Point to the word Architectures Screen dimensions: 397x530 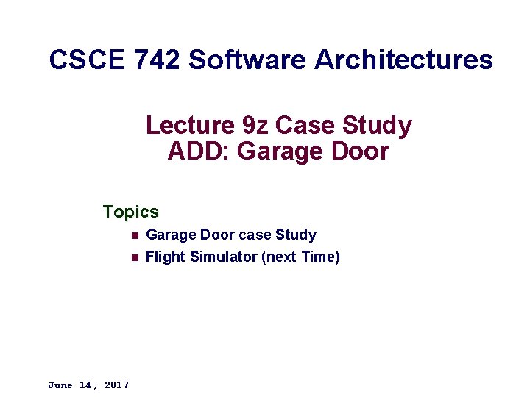point(403,60)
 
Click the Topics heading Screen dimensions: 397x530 point(131,212)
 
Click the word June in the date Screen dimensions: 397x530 point(60,385)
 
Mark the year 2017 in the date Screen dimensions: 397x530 point(116,385)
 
